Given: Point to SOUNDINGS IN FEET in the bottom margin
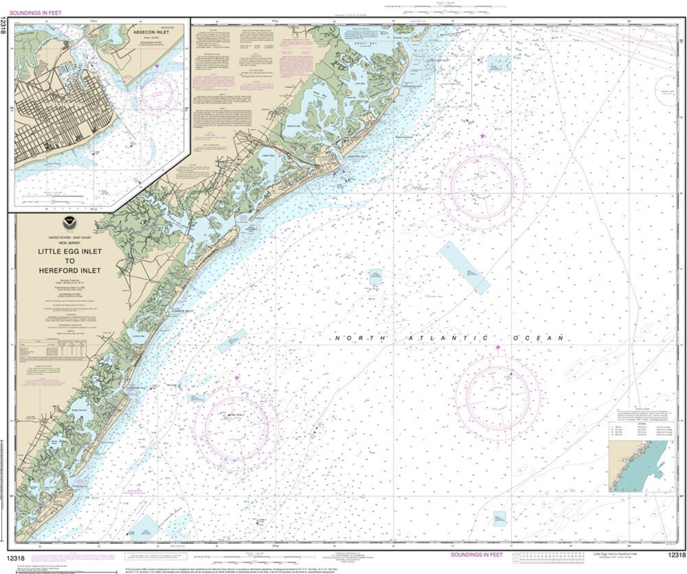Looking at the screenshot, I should (x=477, y=554).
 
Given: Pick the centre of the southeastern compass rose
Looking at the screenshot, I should (x=498, y=396).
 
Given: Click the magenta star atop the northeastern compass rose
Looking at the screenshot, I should (x=482, y=137).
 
